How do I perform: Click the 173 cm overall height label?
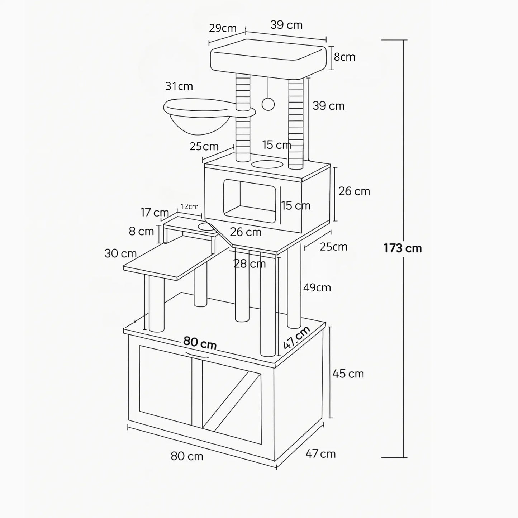403,248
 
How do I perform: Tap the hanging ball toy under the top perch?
268,104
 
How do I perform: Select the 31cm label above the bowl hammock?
179,86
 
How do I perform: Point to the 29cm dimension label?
223,28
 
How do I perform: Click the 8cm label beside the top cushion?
344,57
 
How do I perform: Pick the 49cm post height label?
317,287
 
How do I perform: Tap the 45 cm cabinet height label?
348,374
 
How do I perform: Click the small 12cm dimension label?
189,206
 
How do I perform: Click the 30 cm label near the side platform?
120,253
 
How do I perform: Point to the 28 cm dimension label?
250,264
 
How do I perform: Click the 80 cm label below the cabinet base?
187,456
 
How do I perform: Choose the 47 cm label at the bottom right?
320,454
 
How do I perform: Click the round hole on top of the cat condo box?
267,165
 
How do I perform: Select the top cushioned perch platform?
269,59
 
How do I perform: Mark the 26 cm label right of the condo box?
354,191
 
